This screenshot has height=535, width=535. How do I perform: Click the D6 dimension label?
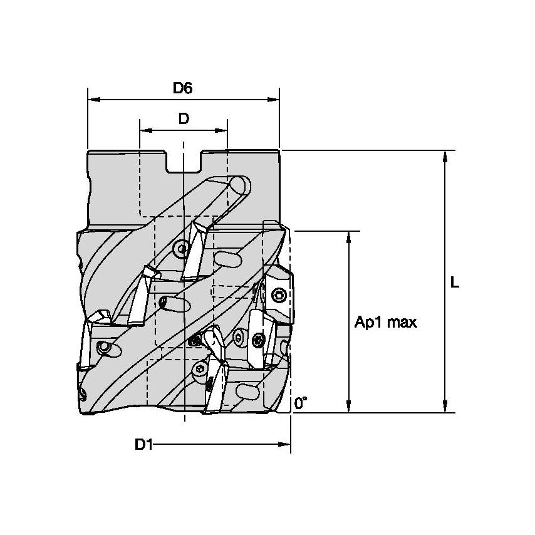tap(182, 88)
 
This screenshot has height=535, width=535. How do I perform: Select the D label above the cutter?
tap(183, 119)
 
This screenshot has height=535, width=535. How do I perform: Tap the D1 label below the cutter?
tap(143, 445)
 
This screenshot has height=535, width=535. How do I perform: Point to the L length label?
tap(455, 283)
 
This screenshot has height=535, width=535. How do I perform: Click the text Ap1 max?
tap(385, 323)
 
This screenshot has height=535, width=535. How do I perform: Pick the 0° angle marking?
tap(301, 404)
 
